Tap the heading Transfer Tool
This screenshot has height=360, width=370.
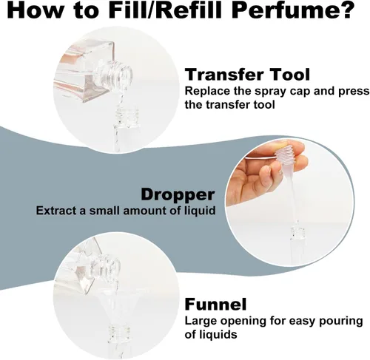coord(247,74)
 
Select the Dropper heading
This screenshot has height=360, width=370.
coord(178,194)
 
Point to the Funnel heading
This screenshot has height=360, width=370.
coord(215,305)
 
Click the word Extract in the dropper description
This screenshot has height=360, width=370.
coord(56,211)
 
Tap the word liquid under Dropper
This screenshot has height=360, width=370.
coord(200,211)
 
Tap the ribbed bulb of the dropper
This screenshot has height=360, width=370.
coord(283,154)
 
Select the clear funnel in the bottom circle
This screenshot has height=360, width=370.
coord(116,305)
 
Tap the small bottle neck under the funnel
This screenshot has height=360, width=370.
coord(119,333)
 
